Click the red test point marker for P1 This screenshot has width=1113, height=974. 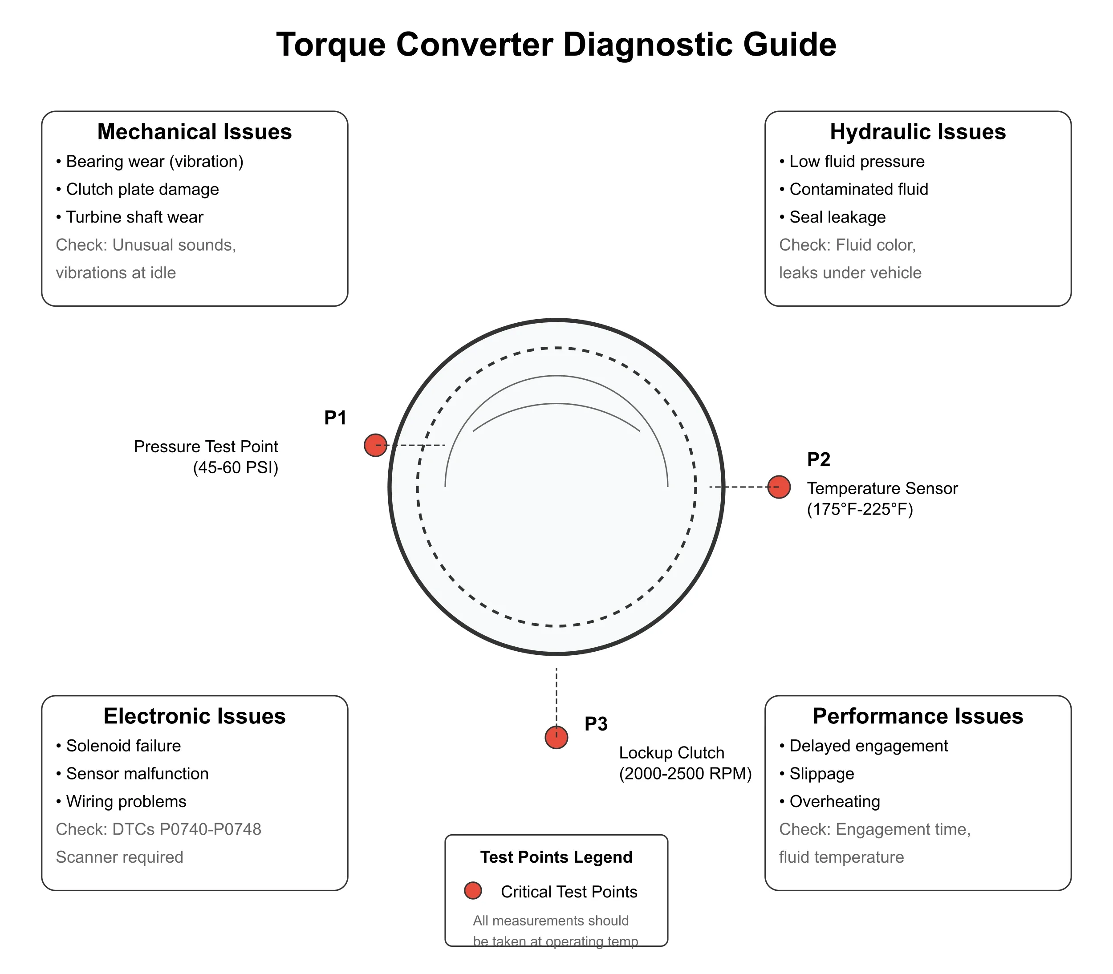[x=375, y=445]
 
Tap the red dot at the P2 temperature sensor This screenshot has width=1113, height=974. [x=779, y=487]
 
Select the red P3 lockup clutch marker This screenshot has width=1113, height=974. [x=556, y=737]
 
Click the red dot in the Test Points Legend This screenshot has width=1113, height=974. [x=473, y=890]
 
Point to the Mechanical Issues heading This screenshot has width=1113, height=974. [x=195, y=132]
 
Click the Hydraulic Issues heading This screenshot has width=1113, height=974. [x=918, y=132]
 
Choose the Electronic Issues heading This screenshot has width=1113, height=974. [x=195, y=716]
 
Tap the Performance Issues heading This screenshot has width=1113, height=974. [x=918, y=716]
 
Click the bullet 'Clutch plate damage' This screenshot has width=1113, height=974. [x=142, y=189]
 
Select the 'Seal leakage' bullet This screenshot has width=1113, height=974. [x=837, y=217]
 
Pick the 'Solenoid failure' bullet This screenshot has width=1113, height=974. [x=123, y=746]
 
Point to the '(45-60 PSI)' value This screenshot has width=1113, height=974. [x=236, y=467]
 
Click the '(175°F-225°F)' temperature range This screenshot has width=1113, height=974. [x=860, y=509]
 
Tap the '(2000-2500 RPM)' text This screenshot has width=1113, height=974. [x=685, y=773]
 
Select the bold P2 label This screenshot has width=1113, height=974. [x=818, y=459]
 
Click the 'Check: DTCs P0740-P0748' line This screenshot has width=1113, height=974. [x=158, y=829]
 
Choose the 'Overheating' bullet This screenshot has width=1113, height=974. [x=834, y=801]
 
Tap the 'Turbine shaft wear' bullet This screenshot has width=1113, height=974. [x=134, y=217]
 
